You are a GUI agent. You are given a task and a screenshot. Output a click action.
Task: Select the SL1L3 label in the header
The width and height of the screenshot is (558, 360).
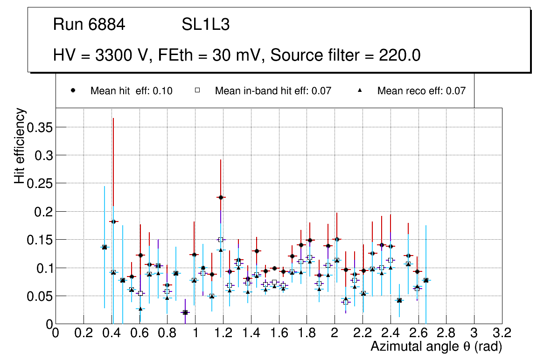point(205,25)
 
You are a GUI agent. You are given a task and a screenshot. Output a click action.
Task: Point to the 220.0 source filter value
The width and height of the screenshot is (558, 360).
point(399,55)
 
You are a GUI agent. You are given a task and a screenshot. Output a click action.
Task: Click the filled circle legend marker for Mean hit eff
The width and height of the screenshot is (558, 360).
point(73,91)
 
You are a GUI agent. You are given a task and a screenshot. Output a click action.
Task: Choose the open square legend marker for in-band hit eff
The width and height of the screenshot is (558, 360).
point(197,91)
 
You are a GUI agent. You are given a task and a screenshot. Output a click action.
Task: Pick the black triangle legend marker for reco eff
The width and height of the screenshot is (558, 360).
point(360,91)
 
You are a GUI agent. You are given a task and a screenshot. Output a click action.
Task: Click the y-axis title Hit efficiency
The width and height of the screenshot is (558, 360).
point(20,146)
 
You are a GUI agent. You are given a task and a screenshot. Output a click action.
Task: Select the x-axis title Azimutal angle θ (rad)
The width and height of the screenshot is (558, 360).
point(436,346)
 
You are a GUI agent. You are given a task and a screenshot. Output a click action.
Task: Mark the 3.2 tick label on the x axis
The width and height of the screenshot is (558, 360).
point(502,333)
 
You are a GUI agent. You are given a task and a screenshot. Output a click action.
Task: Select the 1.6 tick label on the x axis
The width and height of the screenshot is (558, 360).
point(279,333)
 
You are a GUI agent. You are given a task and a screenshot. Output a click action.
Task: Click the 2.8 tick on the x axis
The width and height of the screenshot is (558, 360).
point(446,333)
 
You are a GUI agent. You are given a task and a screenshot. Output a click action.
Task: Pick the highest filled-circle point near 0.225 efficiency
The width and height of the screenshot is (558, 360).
point(221,197)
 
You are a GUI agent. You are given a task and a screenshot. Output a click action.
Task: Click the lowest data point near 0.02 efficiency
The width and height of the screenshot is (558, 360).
point(185,312)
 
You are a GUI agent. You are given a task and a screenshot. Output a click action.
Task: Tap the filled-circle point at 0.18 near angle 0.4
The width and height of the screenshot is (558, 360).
point(113,222)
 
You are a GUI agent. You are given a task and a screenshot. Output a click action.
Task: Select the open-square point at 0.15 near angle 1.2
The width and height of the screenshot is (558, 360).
point(221,240)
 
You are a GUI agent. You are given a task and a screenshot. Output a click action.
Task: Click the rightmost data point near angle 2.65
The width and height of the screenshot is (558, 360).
point(425,280)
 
